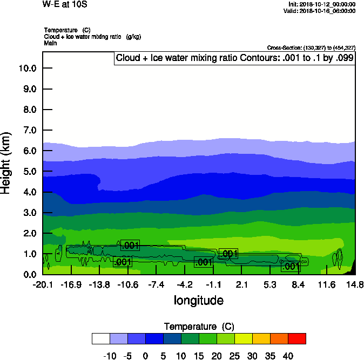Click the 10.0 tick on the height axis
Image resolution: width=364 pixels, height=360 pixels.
pyautogui.click(x=27, y=69)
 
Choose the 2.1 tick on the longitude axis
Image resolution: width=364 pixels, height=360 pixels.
pyautogui.click(x=241, y=284)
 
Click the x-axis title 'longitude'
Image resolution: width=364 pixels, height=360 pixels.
pyautogui.click(x=198, y=300)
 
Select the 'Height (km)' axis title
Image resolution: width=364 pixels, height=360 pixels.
pyautogui.click(x=6, y=162)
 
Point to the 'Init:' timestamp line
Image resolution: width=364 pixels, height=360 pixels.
pyautogui.click(x=322, y=4)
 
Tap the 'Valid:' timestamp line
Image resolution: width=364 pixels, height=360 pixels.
pyautogui.click(x=321, y=11)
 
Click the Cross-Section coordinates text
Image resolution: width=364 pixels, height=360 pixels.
pyautogui.click(x=311, y=47)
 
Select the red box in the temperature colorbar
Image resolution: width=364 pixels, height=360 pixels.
pyautogui.click(x=296, y=338)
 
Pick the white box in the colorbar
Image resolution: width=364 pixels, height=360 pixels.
pyautogui.click(x=101, y=338)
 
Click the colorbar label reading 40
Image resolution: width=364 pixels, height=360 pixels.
pyautogui.click(x=288, y=356)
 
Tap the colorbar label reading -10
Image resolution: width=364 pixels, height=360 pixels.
pyautogui.click(x=110, y=356)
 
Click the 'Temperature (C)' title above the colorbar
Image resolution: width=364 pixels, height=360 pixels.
pyautogui.click(x=198, y=327)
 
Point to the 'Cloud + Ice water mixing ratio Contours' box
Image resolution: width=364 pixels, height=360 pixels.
pyautogui.click(x=235, y=58)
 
